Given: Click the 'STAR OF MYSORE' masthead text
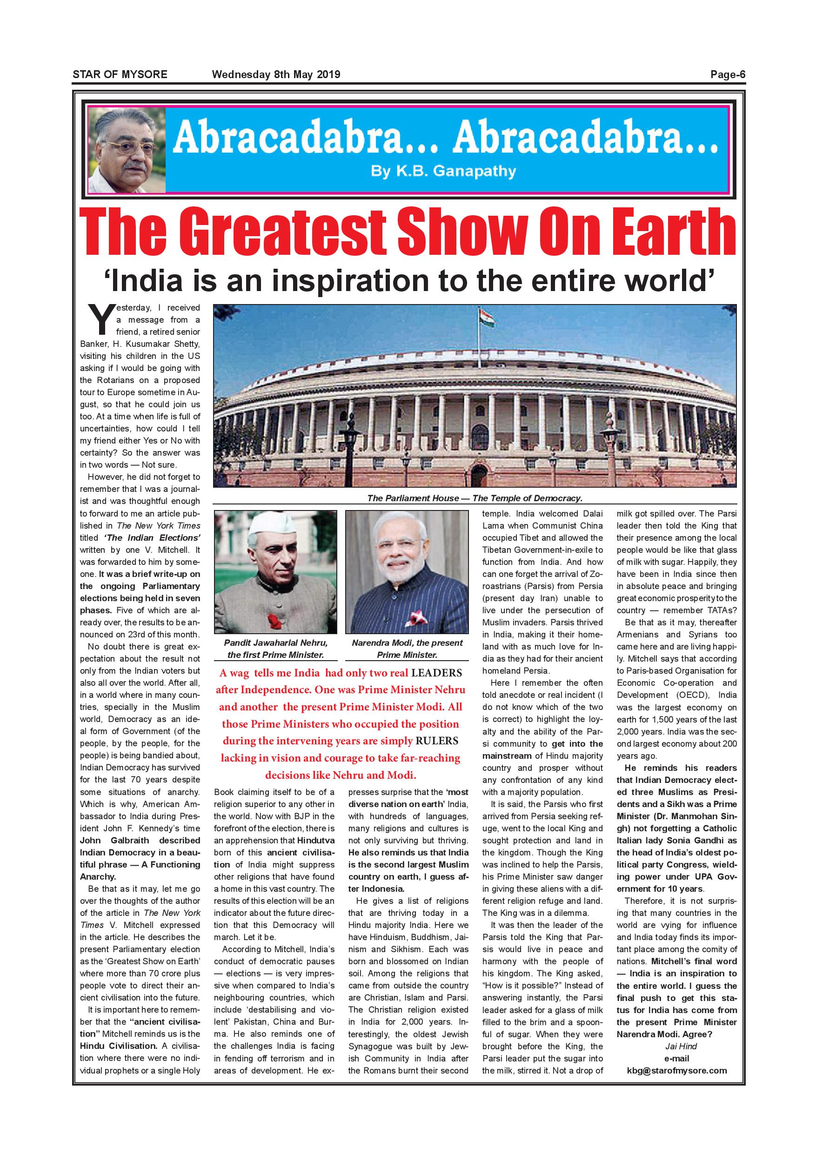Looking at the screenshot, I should (120, 75).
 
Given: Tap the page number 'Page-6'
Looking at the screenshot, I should (728, 75).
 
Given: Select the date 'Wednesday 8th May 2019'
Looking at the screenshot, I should (276, 75).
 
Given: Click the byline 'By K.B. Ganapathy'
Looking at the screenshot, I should (443, 171).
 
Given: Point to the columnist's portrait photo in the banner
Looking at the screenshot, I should (127, 151).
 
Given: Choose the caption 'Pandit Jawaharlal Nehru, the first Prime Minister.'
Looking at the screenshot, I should (275, 649).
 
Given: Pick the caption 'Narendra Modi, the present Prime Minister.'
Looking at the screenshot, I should (407, 649).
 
